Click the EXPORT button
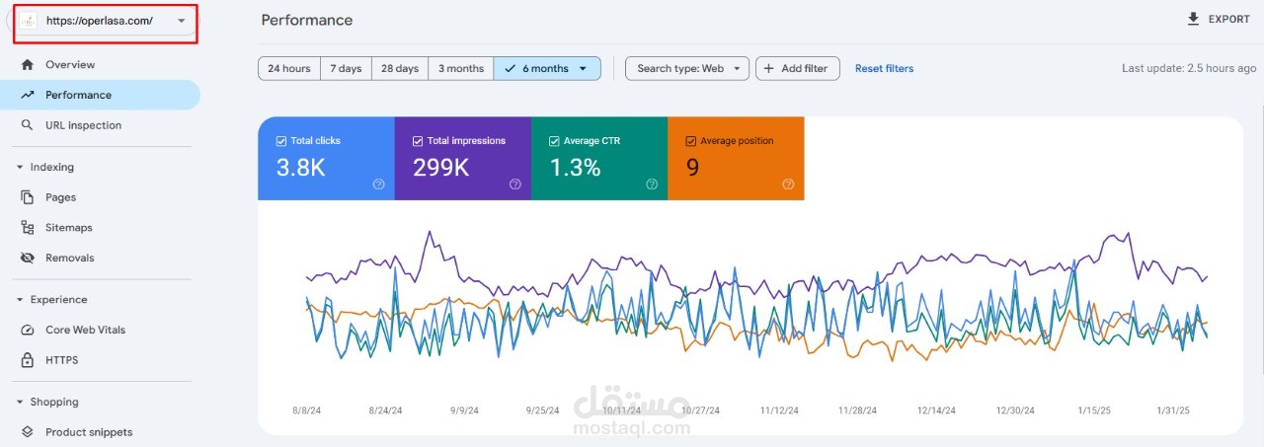tap(1220, 19)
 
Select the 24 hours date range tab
tap(289, 68)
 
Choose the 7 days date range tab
tap(346, 68)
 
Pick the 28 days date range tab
tap(400, 68)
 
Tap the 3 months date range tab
tap(461, 68)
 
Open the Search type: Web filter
tap(686, 68)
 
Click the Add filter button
tap(797, 68)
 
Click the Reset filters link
tap(884, 68)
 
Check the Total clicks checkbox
tap(281, 141)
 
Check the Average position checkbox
tap(690, 141)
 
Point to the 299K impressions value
tap(440, 168)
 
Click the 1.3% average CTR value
tap(575, 168)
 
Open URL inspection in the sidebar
tap(83, 125)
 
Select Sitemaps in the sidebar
tap(68, 227)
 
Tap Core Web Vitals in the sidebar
tap(85, 330)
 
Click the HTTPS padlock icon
tap(27, 359)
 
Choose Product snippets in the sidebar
tap(89, 432)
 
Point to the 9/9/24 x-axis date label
tap(464, 410)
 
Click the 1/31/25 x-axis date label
tap(1172, 410)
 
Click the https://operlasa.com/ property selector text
tap(100, 21)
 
